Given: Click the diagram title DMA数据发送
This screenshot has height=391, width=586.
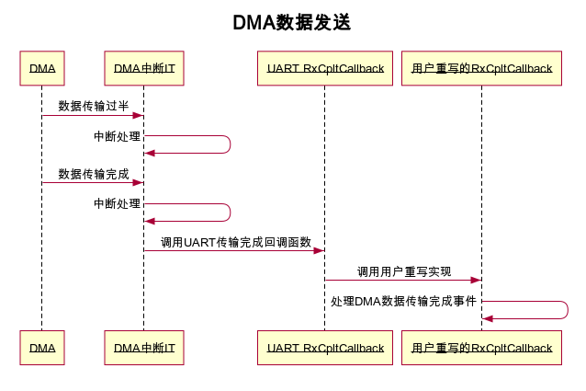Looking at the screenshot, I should [292, 23].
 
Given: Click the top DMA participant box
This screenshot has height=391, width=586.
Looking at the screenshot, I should [42, 69].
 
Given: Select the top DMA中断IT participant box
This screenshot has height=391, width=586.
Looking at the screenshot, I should [144, 69].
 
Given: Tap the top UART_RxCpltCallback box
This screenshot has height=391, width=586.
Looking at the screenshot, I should [325, 69].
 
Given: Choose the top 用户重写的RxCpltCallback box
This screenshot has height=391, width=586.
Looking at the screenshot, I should [481, 69].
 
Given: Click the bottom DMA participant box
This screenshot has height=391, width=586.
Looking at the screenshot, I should [42, 348].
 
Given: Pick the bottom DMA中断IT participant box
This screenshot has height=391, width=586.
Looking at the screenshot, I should [144, 348].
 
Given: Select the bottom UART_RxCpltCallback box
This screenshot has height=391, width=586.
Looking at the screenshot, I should [325, 348].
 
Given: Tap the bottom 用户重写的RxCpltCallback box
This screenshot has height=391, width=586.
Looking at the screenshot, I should [481, 348].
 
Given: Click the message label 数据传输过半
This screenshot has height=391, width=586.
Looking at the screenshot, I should [94, 106].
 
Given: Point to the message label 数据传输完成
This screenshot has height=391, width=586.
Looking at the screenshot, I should [94, 173].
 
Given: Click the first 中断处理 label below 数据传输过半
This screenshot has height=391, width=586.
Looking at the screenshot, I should [118, 136].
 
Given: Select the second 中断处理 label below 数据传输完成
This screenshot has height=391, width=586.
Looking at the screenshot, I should [118, 203].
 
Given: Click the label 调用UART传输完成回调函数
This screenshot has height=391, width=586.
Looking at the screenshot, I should [236, 242].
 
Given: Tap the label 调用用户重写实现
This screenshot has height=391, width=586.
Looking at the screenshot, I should [404, 271].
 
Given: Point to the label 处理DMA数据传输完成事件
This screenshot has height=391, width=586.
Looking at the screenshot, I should [404, 301].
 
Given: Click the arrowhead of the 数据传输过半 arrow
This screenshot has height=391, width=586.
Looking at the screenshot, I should [139, 116].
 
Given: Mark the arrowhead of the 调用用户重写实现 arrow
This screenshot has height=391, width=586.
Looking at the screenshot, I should [477, 280].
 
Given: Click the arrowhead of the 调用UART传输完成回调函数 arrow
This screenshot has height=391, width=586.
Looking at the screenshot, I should [320, 250].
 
